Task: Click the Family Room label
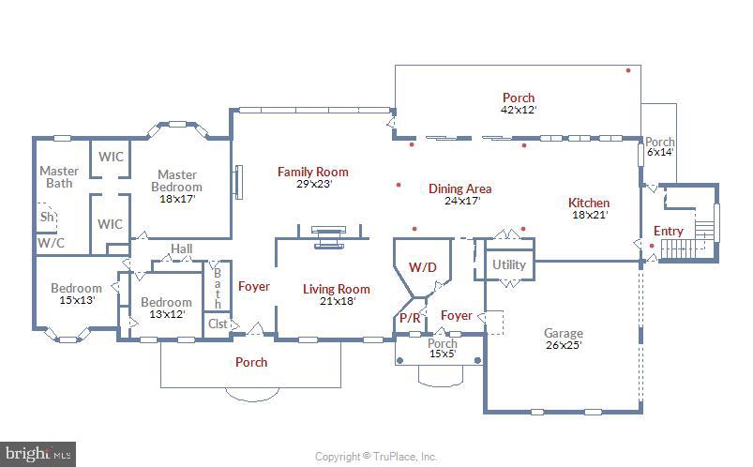312,172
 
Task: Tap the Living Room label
336,289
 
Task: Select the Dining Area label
459,188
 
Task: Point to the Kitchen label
589,203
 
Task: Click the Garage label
563,333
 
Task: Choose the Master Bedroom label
176,180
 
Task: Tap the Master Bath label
59,176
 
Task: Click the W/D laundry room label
422,266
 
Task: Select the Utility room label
509,264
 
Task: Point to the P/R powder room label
410,318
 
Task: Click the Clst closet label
218,324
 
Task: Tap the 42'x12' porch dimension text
518,110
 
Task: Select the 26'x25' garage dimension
563,345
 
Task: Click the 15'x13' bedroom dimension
76,300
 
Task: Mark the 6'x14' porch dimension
659,152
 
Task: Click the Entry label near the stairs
668,231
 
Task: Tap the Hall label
182,249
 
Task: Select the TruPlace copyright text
376,457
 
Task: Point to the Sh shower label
46,217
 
